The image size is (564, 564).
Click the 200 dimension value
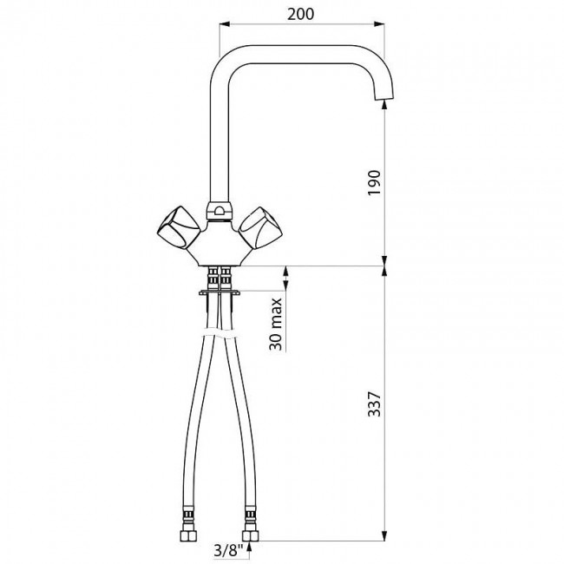[301, 14]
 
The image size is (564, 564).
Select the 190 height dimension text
[374, 183]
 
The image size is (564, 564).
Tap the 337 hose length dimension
[374, 404]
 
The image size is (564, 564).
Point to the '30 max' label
[276, 324]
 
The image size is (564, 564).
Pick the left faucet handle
[179, 227]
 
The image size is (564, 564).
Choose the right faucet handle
[261, 228]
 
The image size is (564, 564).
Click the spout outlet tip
[384, 96]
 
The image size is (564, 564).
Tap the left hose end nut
[189, 535]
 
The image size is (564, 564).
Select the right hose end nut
[251, 535]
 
